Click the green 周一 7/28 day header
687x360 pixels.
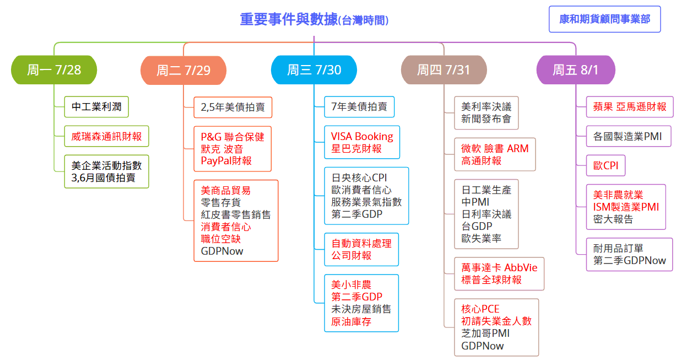click(x=54, y=70)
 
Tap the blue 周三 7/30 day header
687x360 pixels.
click(x=314, y=70)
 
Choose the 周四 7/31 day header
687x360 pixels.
click(x=443, y=70)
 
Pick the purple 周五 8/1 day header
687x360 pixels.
click(x=575, y=70)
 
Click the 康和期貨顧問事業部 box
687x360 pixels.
click(x=604, y=19)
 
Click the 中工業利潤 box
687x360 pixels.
click(x=96, y=106)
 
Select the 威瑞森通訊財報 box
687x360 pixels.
click(x=106, y=136)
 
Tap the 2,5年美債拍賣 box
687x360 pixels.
click(x=232, y=107)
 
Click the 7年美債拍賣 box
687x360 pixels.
click(x=359, y=106)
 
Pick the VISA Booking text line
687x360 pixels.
click(x=362, y=136)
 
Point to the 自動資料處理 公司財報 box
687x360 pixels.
click(x=361, y=249)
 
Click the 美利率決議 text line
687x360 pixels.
click(x=486, y=106)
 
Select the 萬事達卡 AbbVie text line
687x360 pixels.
click(x=499, y=268)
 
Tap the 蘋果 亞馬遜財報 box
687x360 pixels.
click(x=630, y=106)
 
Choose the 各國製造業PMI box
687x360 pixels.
click(x=628, y=136)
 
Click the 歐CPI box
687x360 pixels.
click(x=605, y=165)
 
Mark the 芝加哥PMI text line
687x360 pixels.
click(x=485, y=334)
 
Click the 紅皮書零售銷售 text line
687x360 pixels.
click(x=236, y=214)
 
